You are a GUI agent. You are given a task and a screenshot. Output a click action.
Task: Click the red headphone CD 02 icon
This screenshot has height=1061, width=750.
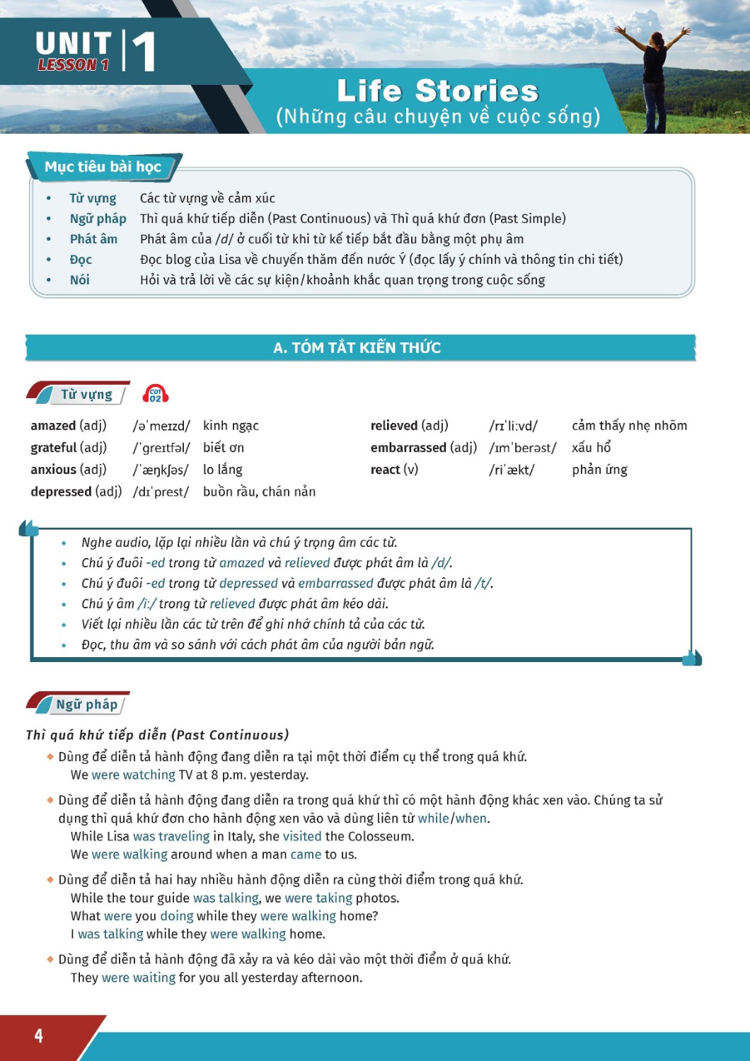[156, 394]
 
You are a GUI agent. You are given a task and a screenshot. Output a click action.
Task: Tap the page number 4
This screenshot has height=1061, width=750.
[39, 1036]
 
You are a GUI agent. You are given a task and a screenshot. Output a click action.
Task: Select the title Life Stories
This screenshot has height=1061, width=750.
[437, 91]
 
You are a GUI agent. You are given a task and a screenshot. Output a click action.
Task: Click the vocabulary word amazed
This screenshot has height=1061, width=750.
[53, 425]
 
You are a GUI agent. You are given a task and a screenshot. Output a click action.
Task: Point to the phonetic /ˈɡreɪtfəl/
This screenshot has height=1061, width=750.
[161, 448]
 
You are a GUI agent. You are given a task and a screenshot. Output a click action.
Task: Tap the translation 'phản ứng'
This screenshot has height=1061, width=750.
[599, 470]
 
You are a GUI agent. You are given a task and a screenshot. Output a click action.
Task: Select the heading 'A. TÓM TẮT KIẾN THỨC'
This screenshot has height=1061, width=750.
[357, 347]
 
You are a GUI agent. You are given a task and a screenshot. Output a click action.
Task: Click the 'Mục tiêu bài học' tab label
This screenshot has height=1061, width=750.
[103, 167]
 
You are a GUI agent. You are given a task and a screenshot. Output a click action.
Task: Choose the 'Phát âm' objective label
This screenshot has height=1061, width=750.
[93, 239]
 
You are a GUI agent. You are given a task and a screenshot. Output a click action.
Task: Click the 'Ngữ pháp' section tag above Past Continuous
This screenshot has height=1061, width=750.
[86, 705]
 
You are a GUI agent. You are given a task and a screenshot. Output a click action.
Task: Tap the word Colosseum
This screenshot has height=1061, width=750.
[380, 836]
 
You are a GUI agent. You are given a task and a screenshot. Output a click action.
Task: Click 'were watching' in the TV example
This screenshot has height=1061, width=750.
[133, 775]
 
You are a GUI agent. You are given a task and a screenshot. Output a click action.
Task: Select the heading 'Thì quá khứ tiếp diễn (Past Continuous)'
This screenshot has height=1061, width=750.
[157, 735]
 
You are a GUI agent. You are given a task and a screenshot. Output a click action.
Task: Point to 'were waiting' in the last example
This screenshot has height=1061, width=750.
[139, 978]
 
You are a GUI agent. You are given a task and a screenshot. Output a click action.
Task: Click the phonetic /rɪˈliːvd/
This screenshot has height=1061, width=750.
[513, 426]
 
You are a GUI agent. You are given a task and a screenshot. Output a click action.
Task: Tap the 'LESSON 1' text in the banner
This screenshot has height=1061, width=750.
[74, 65]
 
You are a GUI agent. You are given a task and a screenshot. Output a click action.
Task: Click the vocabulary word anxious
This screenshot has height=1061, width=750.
[53, 470]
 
